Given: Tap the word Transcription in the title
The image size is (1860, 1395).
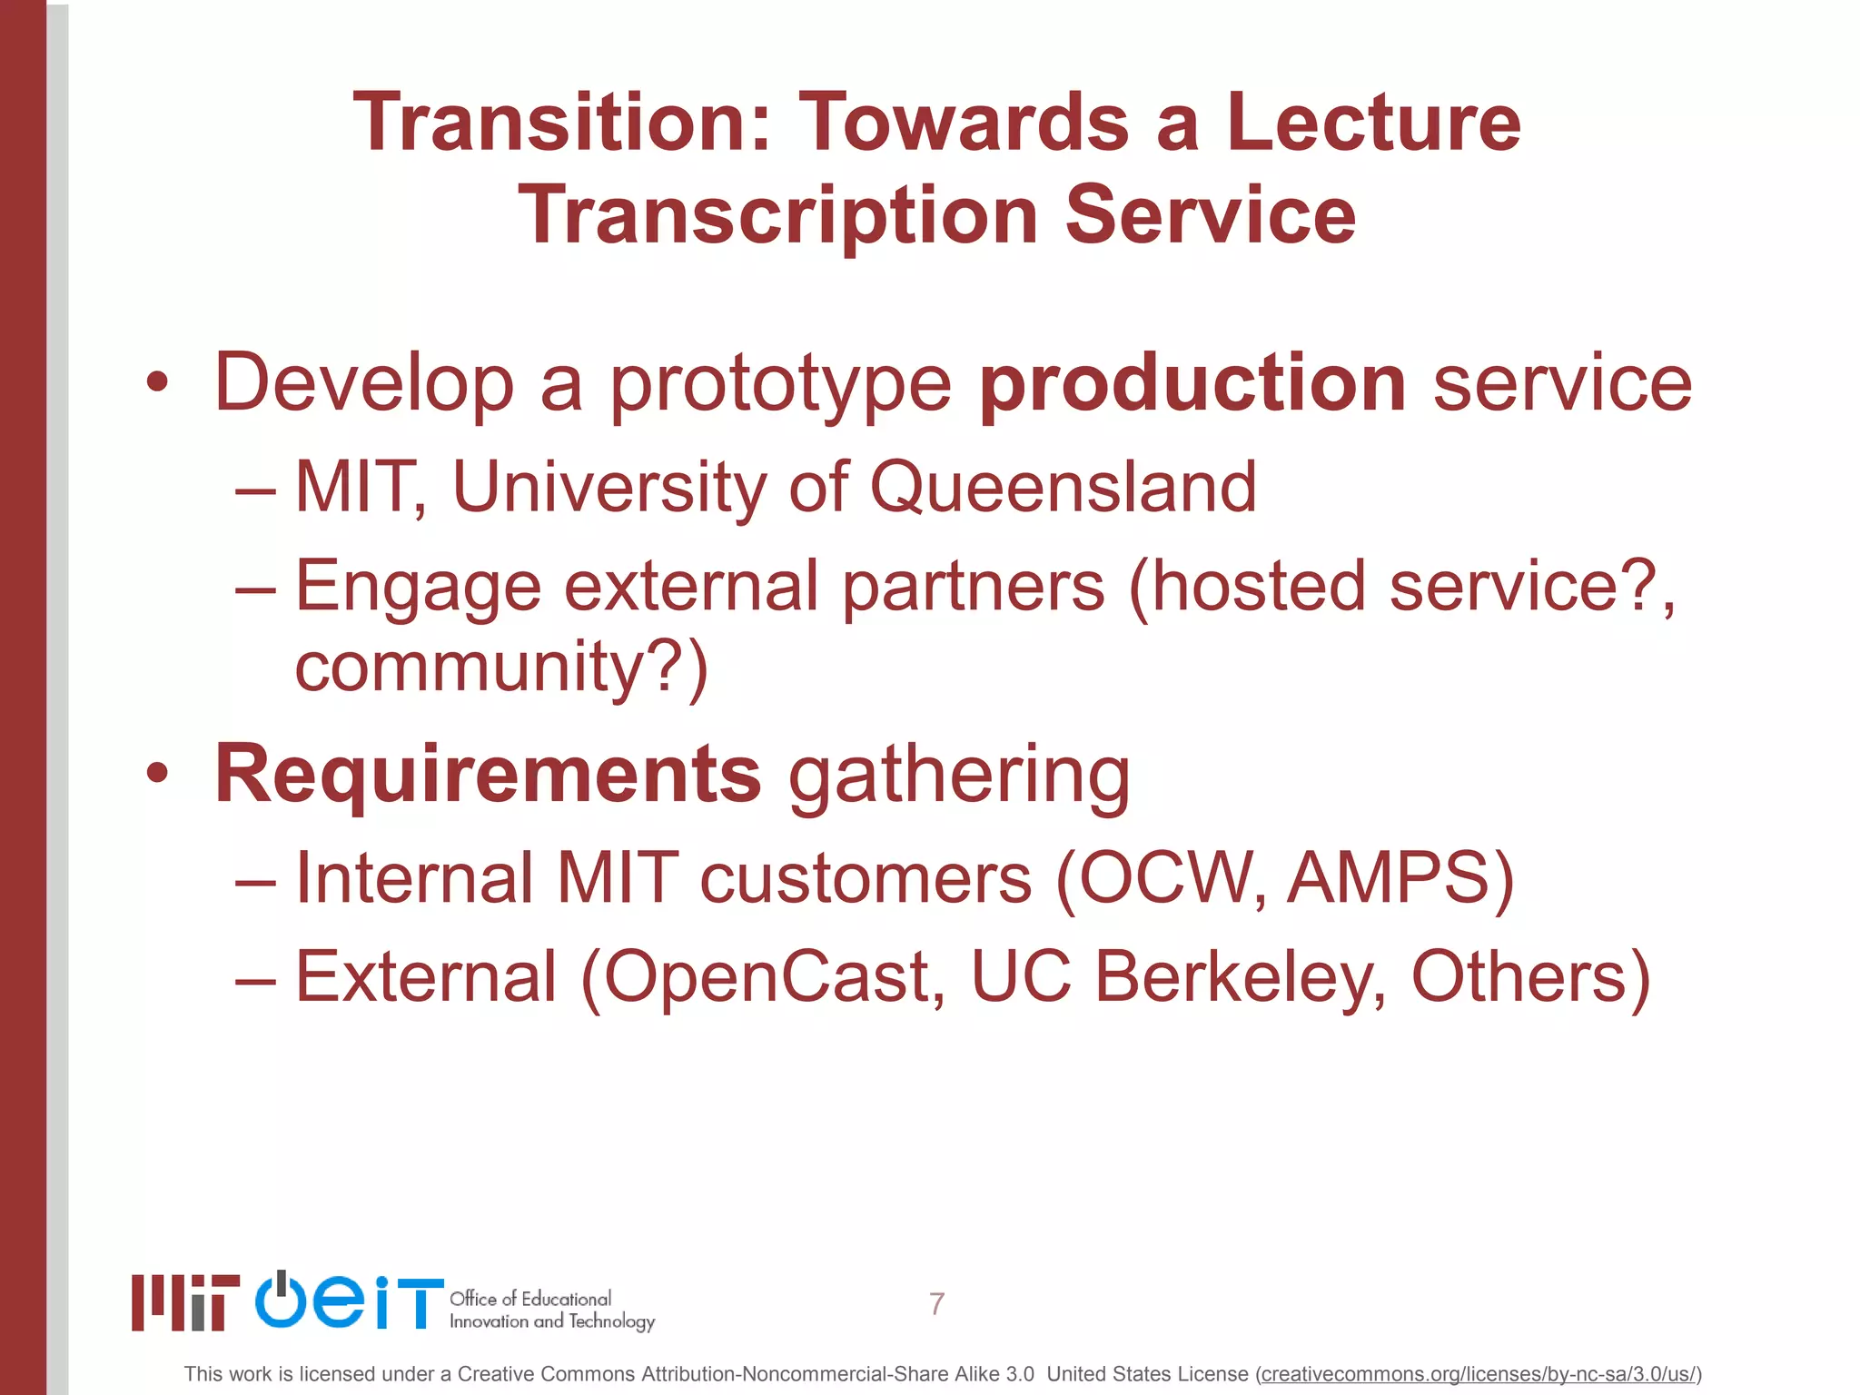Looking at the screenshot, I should click(x=777, y=216).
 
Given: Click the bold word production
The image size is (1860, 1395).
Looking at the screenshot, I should click(x=1192, y=384).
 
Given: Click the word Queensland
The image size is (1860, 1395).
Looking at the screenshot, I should click(x=1063, y=489).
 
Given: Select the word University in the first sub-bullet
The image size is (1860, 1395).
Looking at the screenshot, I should click(x=608, y=489).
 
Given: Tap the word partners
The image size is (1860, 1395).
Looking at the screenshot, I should click(x=973, y=587).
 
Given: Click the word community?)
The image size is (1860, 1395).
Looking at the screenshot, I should click(x=501, y=668).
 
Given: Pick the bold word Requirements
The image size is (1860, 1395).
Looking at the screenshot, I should click(x=488, y=775).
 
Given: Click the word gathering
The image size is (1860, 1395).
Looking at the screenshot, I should click(x=959, y=777).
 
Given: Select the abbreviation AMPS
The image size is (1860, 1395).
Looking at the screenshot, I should click(x=1388, y=878).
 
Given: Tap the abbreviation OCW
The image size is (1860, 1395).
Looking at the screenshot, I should click(x=1166, y=878).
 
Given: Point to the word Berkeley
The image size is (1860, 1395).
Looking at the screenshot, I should click(x=1240, y=977).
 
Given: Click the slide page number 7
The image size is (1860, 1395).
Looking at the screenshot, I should click(x=936, y=1304).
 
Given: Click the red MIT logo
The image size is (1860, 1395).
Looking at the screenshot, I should click(x=185, y=1302).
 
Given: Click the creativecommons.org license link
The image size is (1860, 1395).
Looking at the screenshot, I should click(x=1478, y=1374).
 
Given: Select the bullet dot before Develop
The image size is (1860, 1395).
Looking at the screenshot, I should click(x=157, y=383).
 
